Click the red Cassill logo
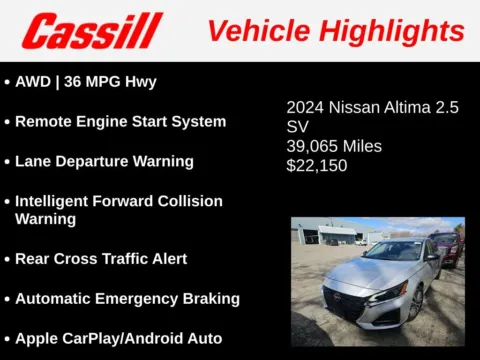click(93, 30)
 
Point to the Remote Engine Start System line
click(120, 122)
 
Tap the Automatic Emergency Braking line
click(127, 298)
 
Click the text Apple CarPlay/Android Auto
click(118, 338)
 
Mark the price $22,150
click(316, 165)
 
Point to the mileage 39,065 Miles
click(334, 146)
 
